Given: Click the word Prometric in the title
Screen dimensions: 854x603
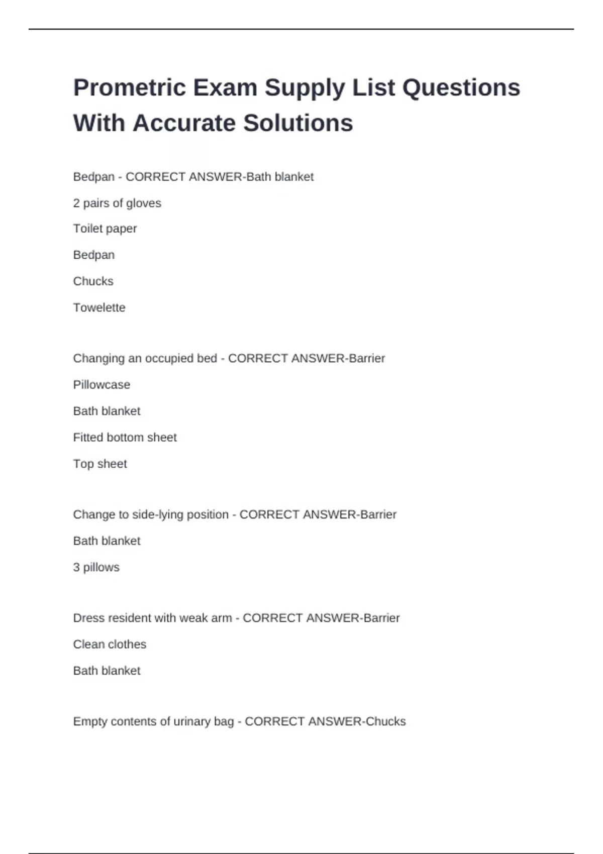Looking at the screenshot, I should (x=130, y=87).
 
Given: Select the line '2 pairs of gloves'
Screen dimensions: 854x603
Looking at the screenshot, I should (x=117, y=203).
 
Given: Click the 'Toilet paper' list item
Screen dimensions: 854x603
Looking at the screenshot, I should (x=105, y=229).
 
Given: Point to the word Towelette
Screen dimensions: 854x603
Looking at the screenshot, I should (x=99, y=307).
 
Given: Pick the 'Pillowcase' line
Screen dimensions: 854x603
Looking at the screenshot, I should (x=102, y=385).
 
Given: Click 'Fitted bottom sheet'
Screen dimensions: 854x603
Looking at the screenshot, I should (x=125, y=438).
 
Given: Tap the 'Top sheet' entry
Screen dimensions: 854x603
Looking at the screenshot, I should (x=100, y=464).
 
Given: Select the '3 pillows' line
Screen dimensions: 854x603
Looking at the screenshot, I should (x=96, y=567).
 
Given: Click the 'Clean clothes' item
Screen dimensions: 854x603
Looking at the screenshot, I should (x=110, y=644).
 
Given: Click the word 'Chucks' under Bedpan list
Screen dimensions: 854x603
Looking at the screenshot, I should (x=93, y=281).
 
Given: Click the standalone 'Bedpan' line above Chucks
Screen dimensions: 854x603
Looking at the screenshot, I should (x=93, y=255).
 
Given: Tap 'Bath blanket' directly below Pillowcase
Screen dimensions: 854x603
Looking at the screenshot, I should (x=107, y=411).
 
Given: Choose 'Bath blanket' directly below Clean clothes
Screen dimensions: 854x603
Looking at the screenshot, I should (x=107, y=671).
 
